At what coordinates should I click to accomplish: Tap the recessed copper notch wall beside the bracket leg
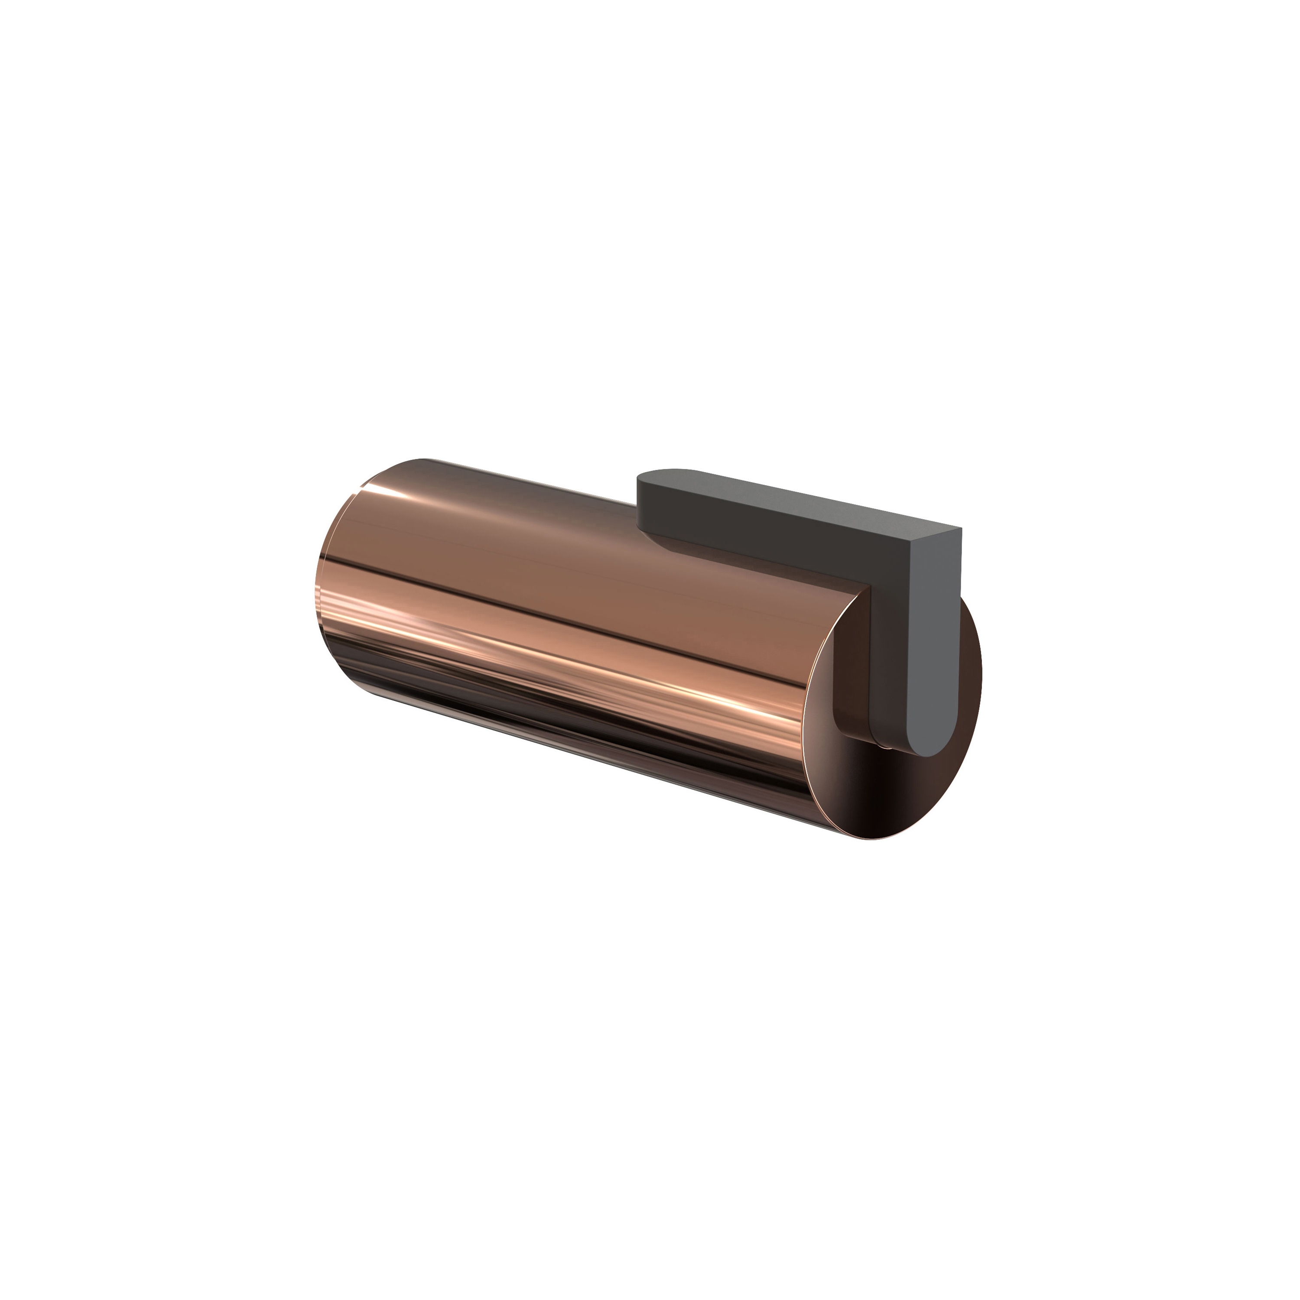(x=851, y=673)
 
